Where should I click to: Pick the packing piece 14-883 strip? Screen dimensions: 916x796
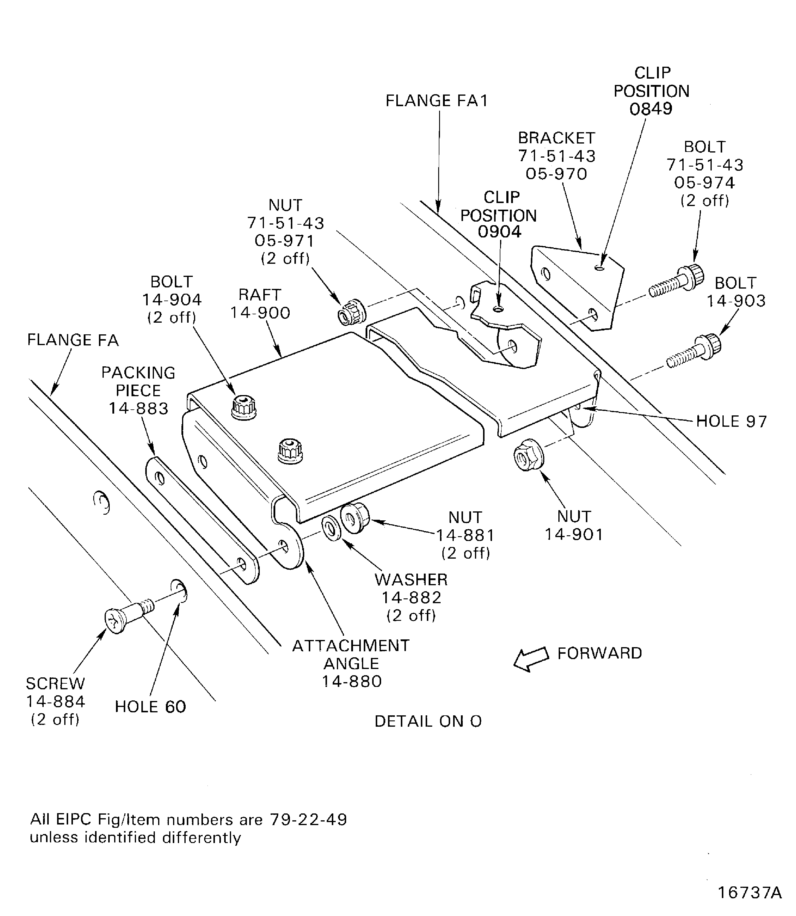click(202, 520)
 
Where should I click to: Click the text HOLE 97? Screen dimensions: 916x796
click(731, 421)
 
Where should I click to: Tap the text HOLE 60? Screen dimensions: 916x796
click(150, 707)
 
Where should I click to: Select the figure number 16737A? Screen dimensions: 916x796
click(750, 892)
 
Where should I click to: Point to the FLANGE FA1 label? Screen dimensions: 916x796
click(437, 101)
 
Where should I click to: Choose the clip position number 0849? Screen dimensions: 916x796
click(651, 109)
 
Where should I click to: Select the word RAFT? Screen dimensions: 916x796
click(260, 295)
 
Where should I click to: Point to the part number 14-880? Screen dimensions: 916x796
click(352, 681)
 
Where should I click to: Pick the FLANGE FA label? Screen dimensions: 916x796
click(73, 340)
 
